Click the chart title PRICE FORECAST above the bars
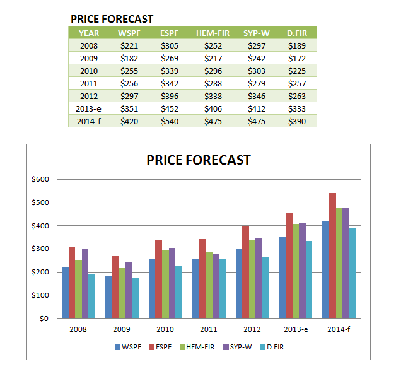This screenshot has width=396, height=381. [x=198, y=160]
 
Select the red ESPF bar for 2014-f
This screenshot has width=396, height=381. [x=332, y=255]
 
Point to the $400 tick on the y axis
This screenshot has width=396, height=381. [x=40, y=225]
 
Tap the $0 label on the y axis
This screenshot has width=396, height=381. [x=43, y=318]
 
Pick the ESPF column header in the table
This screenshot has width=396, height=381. [x=170, y=33]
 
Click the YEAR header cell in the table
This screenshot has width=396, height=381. [x=89, y=33]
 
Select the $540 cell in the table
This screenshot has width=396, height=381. [x=170, y=121]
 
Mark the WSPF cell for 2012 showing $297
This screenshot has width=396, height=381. [x=129, y=96]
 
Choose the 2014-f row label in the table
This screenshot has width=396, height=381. [x=89, y=121]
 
